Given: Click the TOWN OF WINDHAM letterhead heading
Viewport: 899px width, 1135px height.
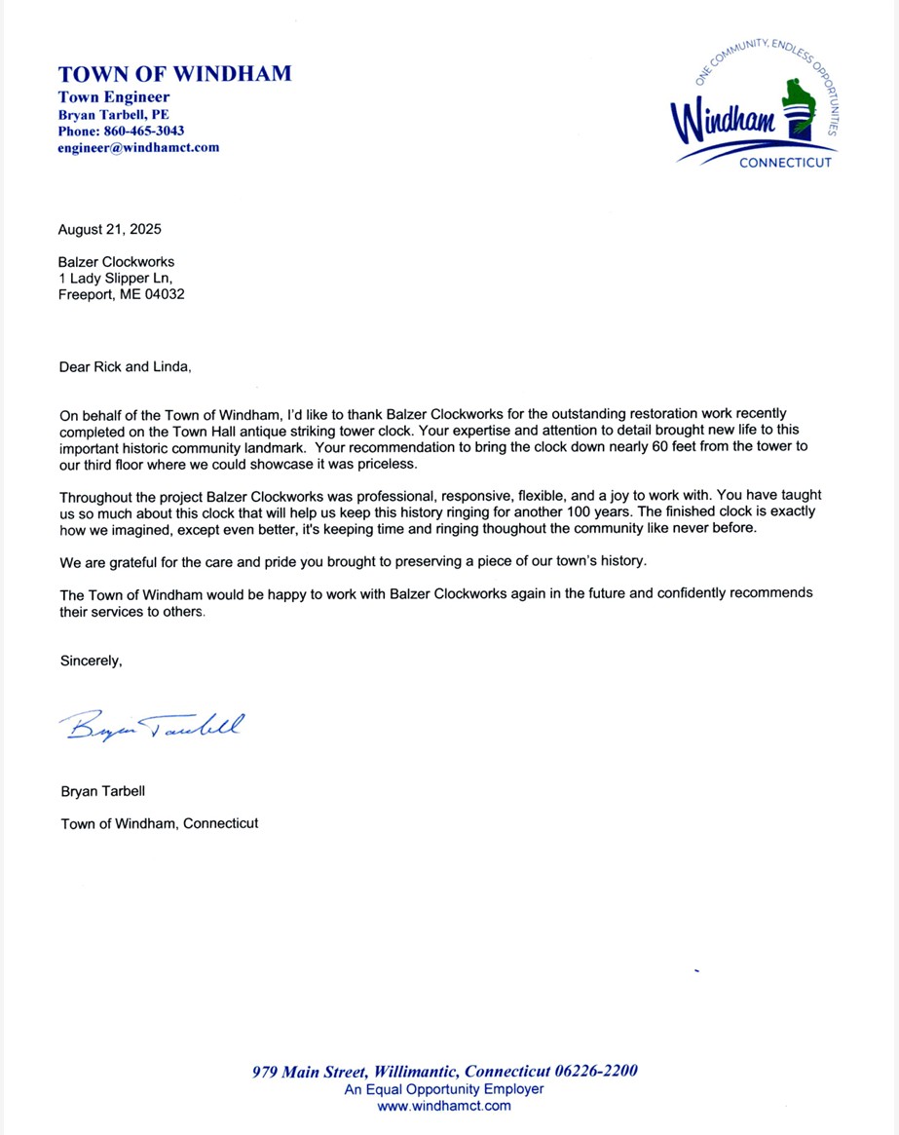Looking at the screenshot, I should pyautogui.click(x=174, y=74).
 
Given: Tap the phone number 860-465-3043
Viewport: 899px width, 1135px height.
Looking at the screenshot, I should pyautogui.click(x=142, y=131).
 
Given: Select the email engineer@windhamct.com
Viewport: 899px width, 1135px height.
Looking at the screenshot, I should pyautogui.click(x=138, y=148).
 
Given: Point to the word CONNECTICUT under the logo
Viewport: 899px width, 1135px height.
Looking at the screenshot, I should pyautogui.click(x=785, y=163).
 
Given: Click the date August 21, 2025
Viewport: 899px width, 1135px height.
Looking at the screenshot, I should pyautogui.click(x=110, y=230).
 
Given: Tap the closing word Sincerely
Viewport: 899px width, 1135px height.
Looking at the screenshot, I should pyautogui.click(x=92, y=661).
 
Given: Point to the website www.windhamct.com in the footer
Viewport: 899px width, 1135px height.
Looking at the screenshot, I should pyautogui.click(x=444, y=1106).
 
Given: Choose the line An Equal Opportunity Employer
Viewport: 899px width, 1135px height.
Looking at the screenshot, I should pyautogui.click(x=444, y=1089).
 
